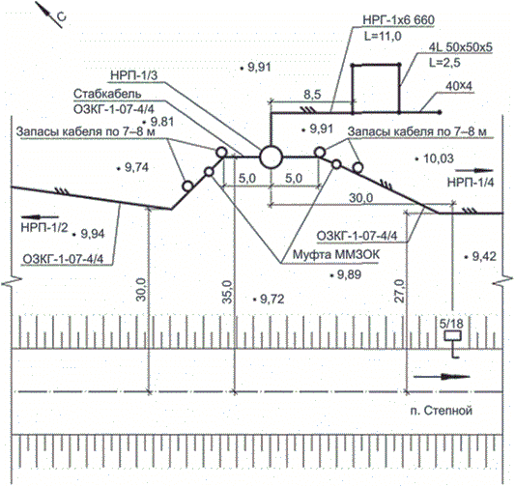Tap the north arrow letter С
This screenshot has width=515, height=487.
click(61, 16)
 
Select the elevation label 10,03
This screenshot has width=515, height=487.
click(439, 158)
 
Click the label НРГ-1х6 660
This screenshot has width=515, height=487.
click(398, 19)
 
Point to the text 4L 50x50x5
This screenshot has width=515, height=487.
click(461, 47)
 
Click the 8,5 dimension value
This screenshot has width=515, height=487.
click(312, 95)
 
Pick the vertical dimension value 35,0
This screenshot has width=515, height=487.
click(228, 292)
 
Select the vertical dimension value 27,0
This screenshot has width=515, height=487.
click(400, 291)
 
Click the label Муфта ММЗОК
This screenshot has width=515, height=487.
click(335, 254)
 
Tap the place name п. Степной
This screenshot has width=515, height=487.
click(442, 411)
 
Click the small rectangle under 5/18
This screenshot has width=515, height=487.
click(453, 336)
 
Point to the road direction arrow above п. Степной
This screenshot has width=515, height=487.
click(442, 377)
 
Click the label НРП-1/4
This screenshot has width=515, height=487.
click(471, 183)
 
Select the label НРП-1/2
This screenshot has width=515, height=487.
click(44, 228)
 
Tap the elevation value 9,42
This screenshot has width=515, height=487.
click(484, 256)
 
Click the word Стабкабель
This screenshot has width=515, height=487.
click(107, 94)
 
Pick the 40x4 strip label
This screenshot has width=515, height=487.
click(459, 86)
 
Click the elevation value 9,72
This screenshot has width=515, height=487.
click(272, 300)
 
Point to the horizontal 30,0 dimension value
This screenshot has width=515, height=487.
click(360, 198)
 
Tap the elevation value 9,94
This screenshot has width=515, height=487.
click(93, 234)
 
